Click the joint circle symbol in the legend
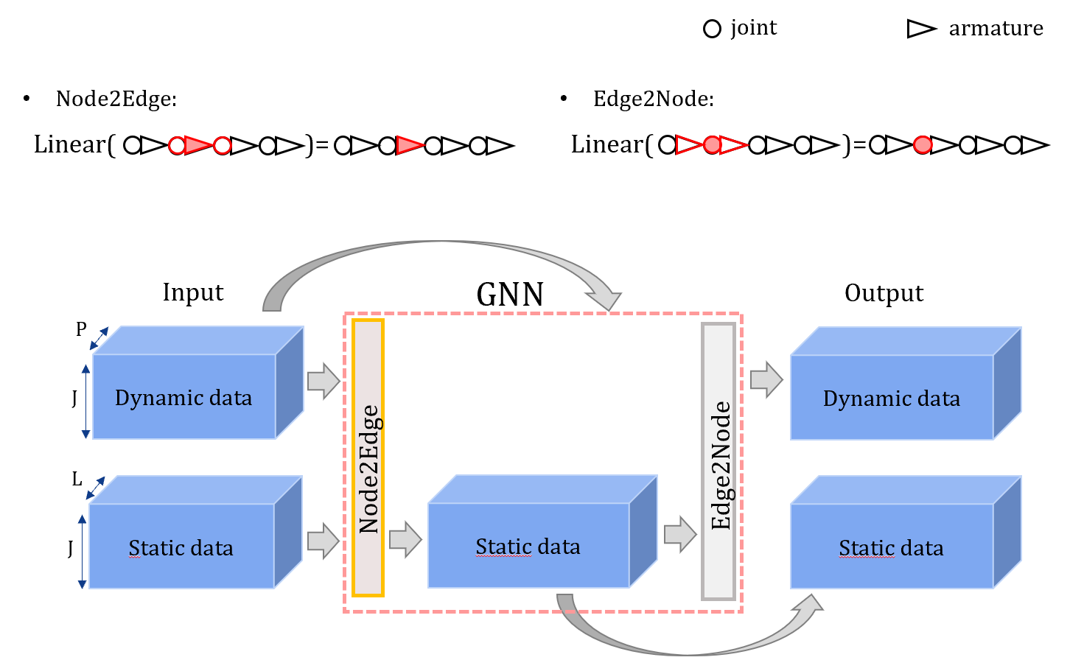tap(712, 29)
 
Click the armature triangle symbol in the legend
tap(920, 29)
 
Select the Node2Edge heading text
tap(116, 99)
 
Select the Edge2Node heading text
tap(654, 99)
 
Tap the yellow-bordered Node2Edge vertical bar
tap(368, 457)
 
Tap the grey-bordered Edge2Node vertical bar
tap(718, 461)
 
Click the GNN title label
tap(510, 295)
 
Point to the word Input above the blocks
tap(193, 292)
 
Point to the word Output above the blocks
tap(884, 293)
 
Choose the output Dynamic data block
tap(892, 398)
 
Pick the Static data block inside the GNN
tap(528, 546)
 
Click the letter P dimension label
tap(81, 329)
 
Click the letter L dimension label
tap(77, 480)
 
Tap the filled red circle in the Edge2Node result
tap(922, 146)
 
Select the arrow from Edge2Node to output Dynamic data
tap(766, 379)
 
